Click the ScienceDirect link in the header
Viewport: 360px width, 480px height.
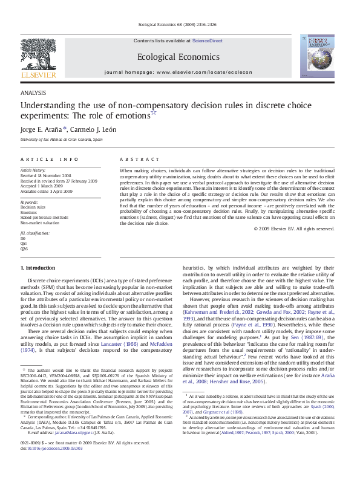pos(208,41)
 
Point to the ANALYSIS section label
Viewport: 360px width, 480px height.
pos(33,94)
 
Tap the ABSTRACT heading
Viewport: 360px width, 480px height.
pos(136,159)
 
